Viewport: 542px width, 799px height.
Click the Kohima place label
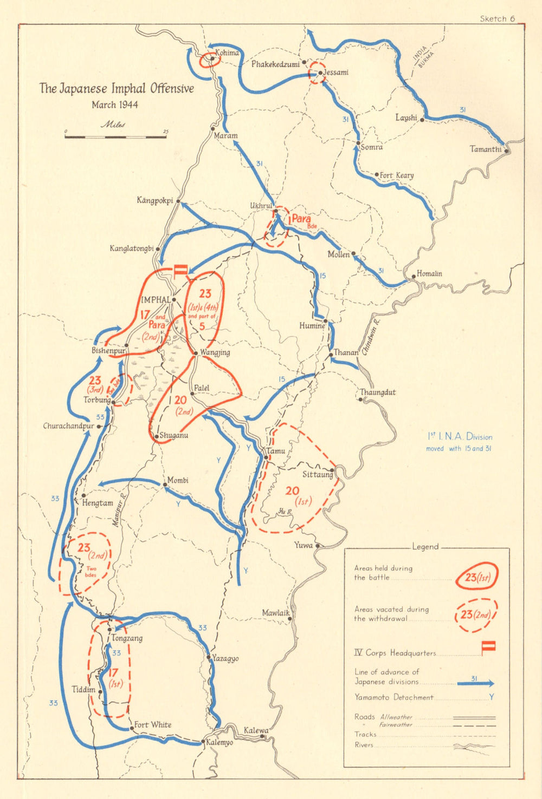tap(227, 53)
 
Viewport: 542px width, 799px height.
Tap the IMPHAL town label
tap(156, 299)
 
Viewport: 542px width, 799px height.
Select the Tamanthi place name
tap(485, 149)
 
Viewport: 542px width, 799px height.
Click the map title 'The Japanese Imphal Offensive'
tap(116, 88)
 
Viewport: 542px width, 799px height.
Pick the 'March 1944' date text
tap(114, 104)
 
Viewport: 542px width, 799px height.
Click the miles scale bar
tap(115, 136)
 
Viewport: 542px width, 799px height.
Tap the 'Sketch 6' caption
tap(497, 19)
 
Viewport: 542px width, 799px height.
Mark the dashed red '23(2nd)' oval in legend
tap(476, 615)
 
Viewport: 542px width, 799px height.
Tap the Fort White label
tap(152, 724)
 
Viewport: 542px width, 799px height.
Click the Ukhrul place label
tap(260, 206)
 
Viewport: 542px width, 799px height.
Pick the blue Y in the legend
tap(491, 697)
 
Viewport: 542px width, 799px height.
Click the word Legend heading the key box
tap(425, 547)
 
